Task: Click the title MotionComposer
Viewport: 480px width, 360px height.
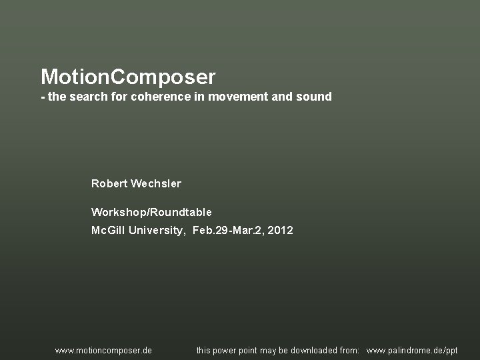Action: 128,77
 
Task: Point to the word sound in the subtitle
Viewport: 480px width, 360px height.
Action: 315,97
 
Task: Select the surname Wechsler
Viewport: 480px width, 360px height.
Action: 156,183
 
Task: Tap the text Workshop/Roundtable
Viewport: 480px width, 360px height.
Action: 151,213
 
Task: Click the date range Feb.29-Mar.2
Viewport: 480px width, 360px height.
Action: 227,231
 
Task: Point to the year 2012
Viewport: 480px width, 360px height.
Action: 280,231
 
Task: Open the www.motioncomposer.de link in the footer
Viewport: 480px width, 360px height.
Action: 103,350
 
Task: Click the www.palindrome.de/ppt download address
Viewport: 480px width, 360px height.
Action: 412,350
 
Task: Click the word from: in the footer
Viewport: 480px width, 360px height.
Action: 349,350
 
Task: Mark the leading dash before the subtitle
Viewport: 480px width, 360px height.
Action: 43,97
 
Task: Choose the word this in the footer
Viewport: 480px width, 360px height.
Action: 204,350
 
